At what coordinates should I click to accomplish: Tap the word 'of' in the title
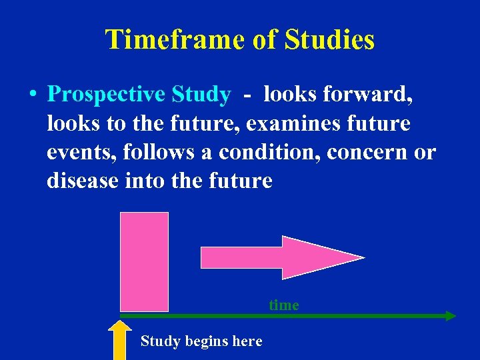(265, 40)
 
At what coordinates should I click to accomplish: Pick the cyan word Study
(201, 95)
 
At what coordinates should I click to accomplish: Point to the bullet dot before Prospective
(32, 95)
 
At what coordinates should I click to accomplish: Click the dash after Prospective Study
(247, 95)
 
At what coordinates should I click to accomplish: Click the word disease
(83, 181)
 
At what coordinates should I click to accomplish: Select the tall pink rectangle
(144, 261)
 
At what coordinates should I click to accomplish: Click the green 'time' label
(284, 305)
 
